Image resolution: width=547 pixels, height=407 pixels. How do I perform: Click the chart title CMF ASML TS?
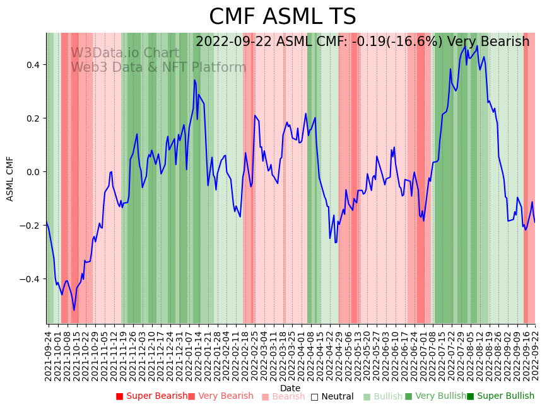(x=282, y=17)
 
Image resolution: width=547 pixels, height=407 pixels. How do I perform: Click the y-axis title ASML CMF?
(x=10, y=178)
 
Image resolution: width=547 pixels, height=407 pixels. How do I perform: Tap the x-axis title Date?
(x=290, y=388)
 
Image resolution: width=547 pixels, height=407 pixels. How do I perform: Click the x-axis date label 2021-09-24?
(x=48, y=353)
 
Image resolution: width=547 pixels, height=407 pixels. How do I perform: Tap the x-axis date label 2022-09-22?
(x=536, y=353)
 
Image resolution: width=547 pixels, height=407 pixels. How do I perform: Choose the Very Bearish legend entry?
(x=225, y=396)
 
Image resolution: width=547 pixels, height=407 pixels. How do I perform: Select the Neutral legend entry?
(x=337, y=396)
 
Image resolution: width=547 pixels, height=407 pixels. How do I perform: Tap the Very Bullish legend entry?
(x=440, y=396)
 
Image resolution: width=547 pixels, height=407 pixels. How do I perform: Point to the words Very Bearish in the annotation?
(x=488, y=42)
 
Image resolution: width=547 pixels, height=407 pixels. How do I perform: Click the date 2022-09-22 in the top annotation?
(x=233, y=42)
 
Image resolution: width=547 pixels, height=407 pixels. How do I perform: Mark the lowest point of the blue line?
(x=74, y=310)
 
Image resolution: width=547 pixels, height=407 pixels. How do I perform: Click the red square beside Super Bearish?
(x=119, y=396)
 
